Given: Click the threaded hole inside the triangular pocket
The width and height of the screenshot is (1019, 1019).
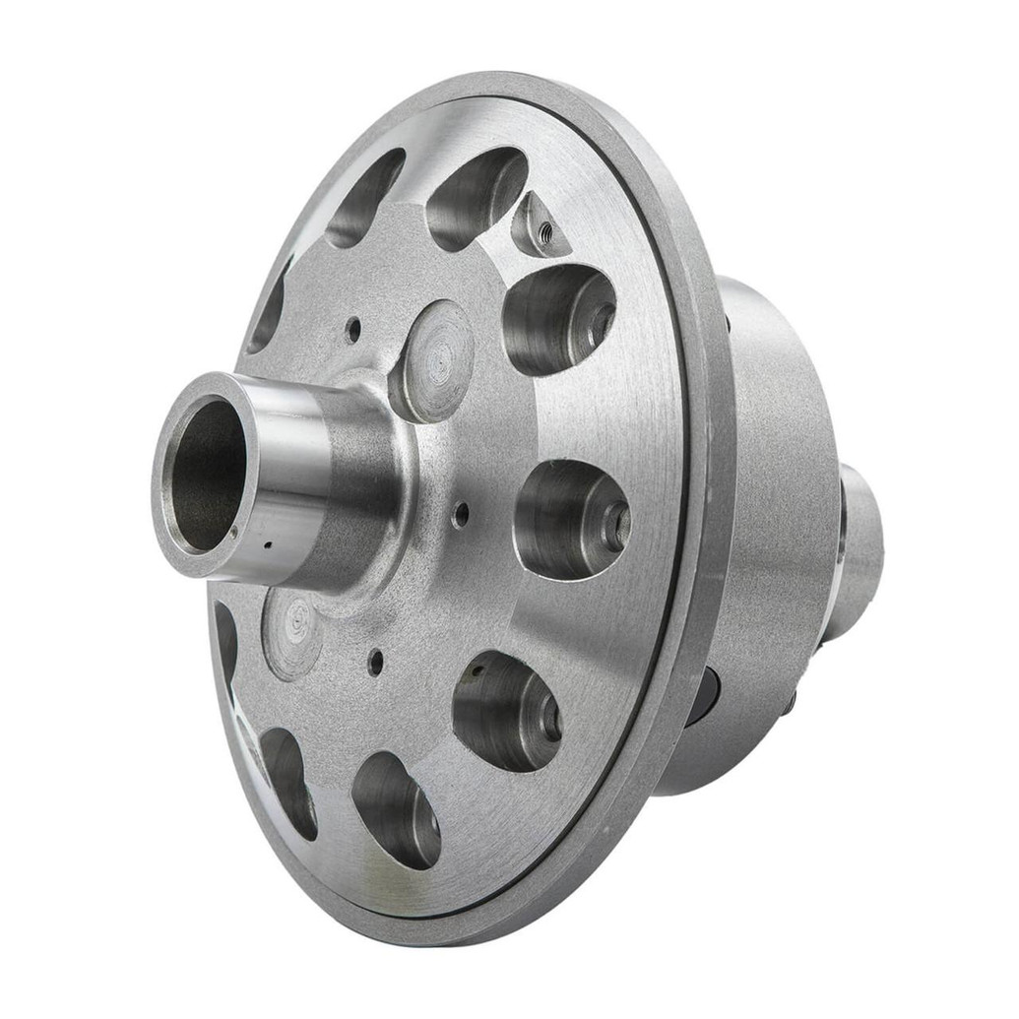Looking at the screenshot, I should [544, 232].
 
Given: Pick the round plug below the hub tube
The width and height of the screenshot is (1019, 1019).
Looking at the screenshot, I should [292, 634].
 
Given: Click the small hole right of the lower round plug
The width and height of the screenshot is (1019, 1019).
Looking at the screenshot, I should [375, 662].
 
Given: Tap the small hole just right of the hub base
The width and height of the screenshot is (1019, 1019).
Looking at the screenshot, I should [459, 513].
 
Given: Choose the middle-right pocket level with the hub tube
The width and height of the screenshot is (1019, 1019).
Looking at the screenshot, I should [571, 518].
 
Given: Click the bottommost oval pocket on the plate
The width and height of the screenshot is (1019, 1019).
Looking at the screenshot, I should [396, 809].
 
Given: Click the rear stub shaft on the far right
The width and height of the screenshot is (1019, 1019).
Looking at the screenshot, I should [859, 551].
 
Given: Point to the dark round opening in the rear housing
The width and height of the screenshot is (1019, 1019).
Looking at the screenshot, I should [703, 695].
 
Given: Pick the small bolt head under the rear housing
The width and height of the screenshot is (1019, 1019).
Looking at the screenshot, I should [788, 702].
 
